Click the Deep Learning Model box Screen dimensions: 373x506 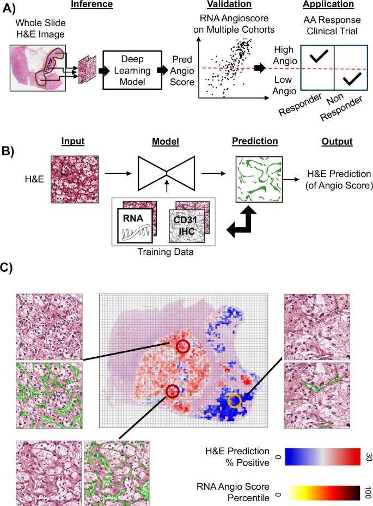point(132,70)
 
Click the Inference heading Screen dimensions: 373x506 point(91,4)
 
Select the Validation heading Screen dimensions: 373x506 point(229,4)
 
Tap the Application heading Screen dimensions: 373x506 point(328,4)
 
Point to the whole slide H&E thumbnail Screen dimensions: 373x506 point(38,68)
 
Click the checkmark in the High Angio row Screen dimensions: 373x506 point(318,56)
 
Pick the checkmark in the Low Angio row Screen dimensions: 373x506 point(352,79)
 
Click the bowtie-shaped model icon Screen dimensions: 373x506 point(166,174)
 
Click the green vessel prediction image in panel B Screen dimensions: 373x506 point(259,179)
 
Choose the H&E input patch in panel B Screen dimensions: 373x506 point(75,179)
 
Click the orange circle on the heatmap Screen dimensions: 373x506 point(235,401)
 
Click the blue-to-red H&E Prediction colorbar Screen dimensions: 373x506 point(323,456)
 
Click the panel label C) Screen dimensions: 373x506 point(6,267)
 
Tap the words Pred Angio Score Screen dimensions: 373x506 point(182,71)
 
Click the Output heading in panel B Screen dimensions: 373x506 point(337,142)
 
